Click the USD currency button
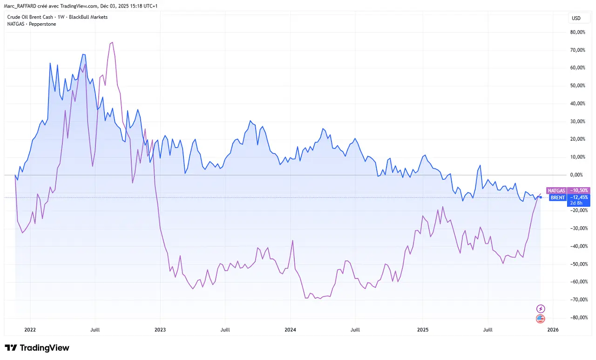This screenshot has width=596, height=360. pyautogui.click(x=576, y=19)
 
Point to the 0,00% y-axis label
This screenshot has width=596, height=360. pyautogui.click(x=577, y=175)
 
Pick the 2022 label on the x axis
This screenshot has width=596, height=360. pyautogui.click(x=30, y=329)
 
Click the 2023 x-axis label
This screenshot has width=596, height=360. pyautogui.click(x=160, y=329)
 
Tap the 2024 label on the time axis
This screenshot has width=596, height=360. pyautogui.click(x=290, y=329)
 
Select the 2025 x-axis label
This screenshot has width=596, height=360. pyautogui.click(x=422, y=329)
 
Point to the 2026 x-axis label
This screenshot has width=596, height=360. pyautogui.click(x=553, y=329)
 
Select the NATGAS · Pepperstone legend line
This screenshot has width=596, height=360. pyautogui.click(x=31, y=24)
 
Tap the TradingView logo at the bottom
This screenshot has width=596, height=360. pyautogui.click(x=37, y=348)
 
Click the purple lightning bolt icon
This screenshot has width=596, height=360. pyautogui.click(x=540, y=309)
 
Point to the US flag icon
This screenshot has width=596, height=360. pyautogui.click(x=540, y=319)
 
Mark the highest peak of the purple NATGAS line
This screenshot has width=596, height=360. pyautogui.click(x=112, y=42)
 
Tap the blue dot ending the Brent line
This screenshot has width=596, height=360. pyautogui.click(x=540, y=197)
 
